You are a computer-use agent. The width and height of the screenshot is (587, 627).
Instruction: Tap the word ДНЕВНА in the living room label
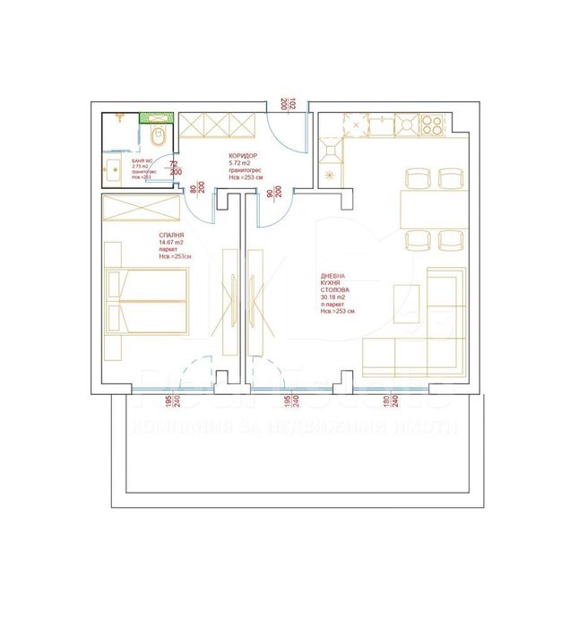[332, 277]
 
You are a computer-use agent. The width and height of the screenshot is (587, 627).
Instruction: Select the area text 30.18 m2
[335, 299]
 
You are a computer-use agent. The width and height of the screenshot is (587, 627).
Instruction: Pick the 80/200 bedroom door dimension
[196, 191]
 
